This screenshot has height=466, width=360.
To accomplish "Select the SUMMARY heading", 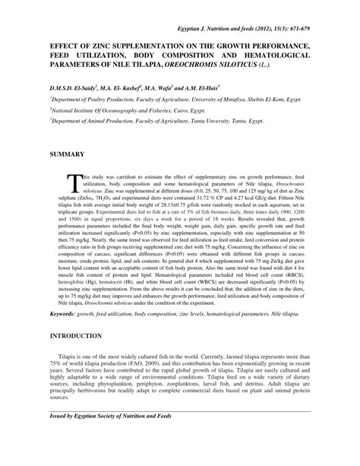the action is click(x=68, y=154).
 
